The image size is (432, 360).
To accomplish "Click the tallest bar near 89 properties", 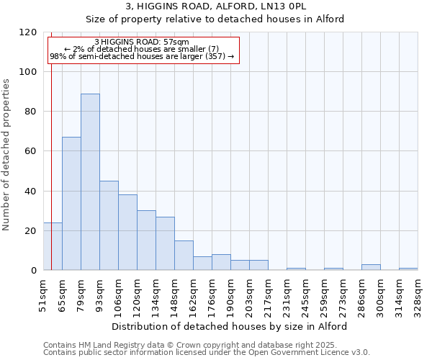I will click(90, 181).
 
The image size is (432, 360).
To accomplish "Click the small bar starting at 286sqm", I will click(371, 267).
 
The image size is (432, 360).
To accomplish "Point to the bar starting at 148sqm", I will click(184, 256).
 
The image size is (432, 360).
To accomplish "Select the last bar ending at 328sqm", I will click(408, 269).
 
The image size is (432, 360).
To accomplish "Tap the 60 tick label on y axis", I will click(31, 151).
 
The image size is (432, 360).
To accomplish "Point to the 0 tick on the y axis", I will click(34, 271).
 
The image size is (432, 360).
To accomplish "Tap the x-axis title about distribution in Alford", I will click(230, 326).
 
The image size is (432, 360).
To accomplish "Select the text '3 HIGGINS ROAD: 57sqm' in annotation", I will click(142, 42).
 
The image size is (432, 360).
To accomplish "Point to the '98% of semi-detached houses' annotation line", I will click(142, 56).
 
